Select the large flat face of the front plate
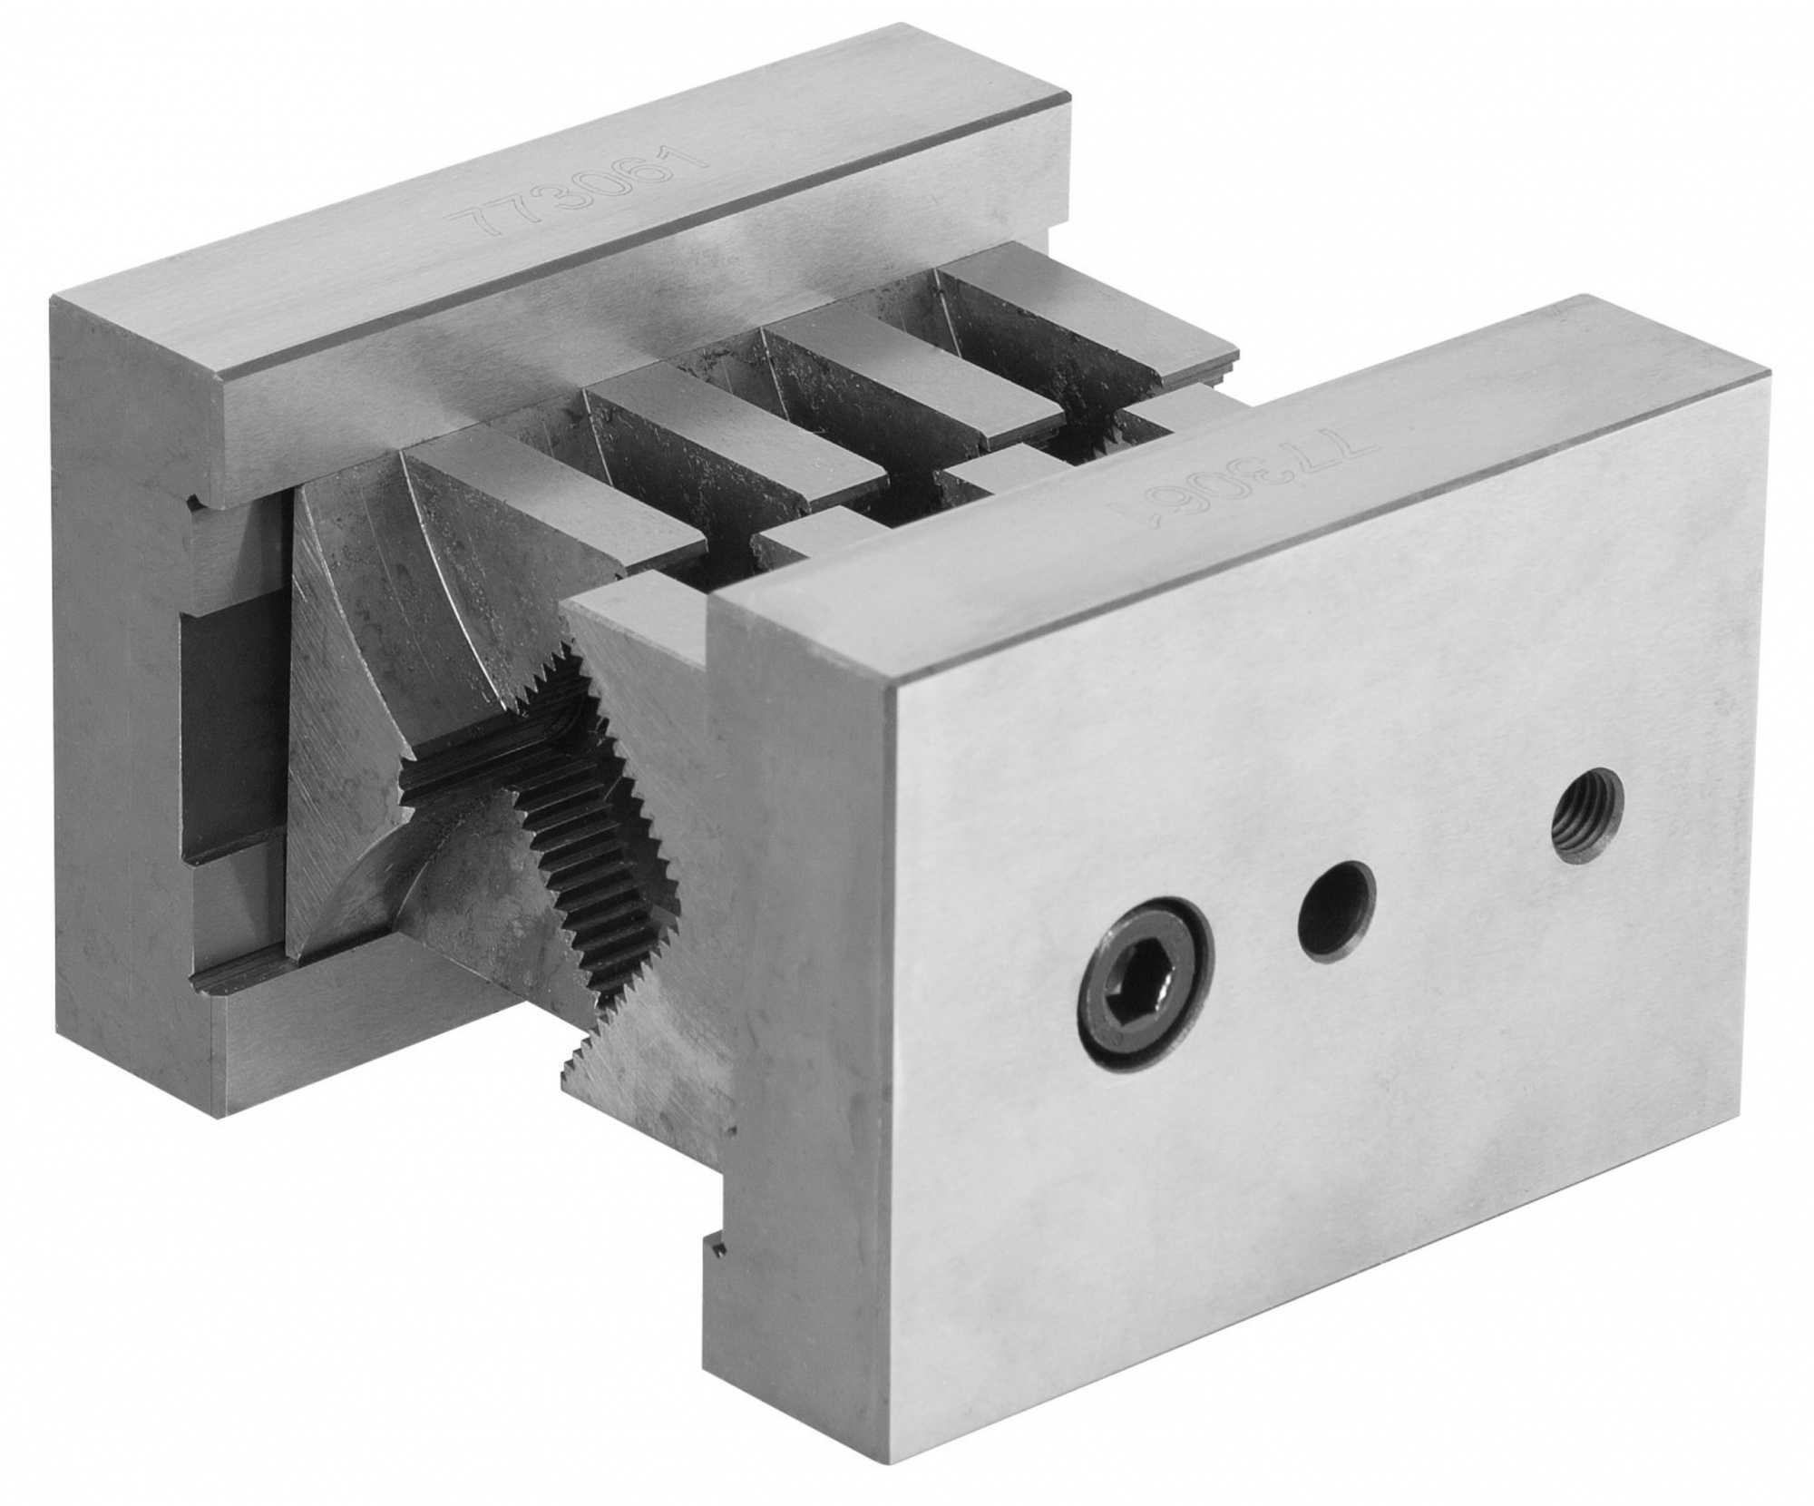click(1315, 1043)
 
